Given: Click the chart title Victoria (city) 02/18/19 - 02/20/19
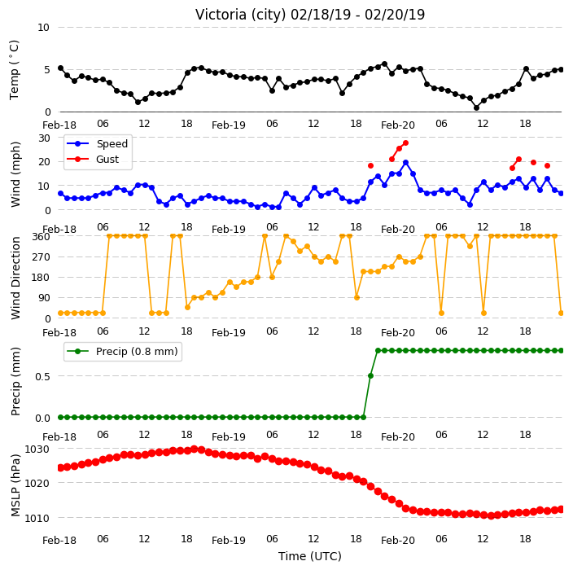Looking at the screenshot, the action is click(310, 15).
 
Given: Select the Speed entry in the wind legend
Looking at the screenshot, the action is click(98, 143).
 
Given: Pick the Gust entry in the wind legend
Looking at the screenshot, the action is click(93, 159).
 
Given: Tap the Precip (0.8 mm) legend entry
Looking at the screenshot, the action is click(122, 351).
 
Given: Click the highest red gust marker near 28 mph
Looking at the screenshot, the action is click(405, 143).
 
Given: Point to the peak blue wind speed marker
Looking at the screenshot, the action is click(405, 162).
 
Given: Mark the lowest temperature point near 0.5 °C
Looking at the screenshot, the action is click(476, 107).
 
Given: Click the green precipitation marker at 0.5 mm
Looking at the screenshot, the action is click(370, 376).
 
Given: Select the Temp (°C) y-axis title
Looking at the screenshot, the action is click(15, 70).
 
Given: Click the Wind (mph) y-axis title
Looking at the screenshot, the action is click(15, 174).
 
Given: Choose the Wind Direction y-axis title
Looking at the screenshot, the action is click(15, 278).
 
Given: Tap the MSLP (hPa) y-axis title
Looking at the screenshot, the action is click(15, 485).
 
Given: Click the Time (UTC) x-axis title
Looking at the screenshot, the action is click(310, 556).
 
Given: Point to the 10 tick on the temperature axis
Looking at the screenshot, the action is click(43, 28).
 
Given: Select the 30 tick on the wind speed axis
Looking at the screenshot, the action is click(44, 138).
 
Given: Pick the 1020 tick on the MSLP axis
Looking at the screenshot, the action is click(37, 484).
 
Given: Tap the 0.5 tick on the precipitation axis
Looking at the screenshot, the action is click(42, 376).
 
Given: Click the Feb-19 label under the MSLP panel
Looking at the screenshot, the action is click(229, 540).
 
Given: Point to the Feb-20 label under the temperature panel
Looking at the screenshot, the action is click(397, 125).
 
